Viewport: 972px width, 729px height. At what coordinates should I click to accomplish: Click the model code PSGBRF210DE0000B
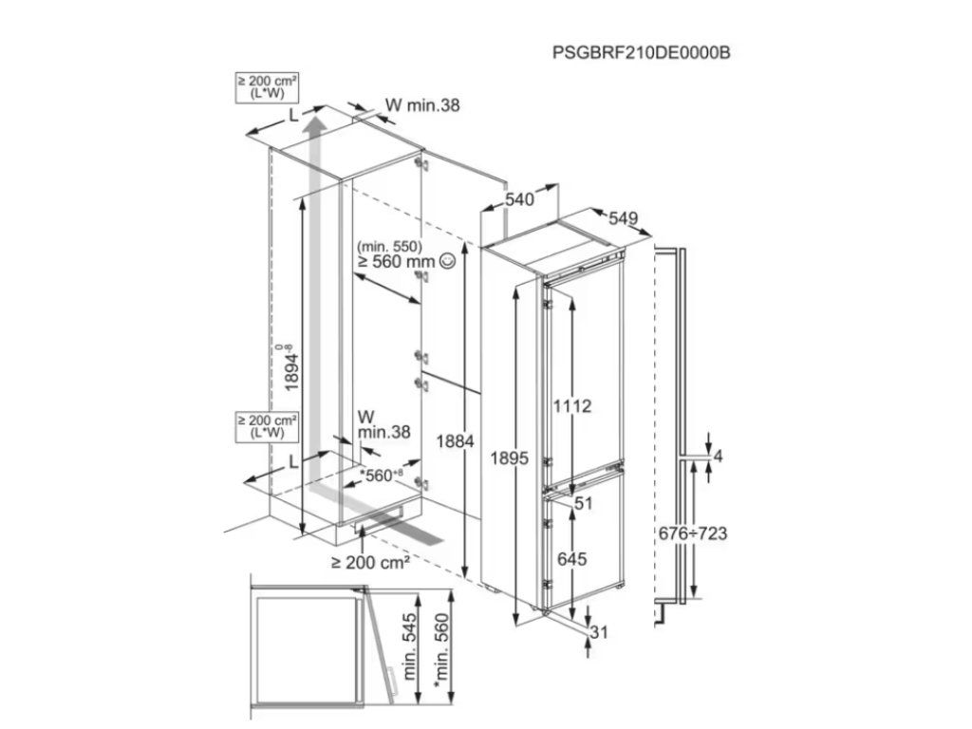click(641, 52)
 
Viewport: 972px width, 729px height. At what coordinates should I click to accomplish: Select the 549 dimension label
click(623, 218)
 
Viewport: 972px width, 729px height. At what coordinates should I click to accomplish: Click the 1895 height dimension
click(511, 458)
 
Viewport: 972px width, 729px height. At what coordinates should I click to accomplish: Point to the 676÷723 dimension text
click(693, 533)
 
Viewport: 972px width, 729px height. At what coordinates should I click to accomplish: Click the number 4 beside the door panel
click(718, 457)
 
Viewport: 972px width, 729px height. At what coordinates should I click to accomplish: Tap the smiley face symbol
click(448, 260)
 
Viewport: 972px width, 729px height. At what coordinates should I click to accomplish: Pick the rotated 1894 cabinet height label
click(291, 365)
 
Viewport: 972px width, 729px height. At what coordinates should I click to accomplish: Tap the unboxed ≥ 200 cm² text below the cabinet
click(370, 563)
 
